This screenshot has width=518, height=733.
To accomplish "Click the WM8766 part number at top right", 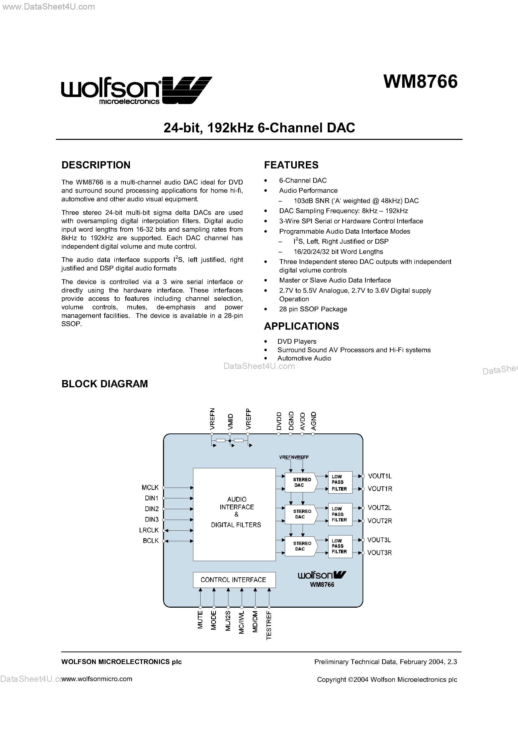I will (x=420, y=82).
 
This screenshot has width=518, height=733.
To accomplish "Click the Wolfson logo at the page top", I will (x=136, y=90).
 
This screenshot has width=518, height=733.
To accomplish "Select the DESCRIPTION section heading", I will (x=96, y=165).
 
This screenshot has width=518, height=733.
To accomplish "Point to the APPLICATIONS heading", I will (x=301, y=326).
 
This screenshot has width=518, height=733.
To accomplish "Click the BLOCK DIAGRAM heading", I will (x=105, y=384).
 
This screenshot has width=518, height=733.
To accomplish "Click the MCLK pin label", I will (x=150, y=488).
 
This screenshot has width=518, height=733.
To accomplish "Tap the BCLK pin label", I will (x=151, y=540).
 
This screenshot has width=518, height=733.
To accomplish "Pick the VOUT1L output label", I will (x=380, y=476).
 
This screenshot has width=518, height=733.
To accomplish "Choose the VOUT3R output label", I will (x=379, y=553).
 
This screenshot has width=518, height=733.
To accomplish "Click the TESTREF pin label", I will (x=269, y=625).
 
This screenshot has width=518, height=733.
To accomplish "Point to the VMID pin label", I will (x=230, y=421).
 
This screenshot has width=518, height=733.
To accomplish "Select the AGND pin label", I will (x=314, y=420).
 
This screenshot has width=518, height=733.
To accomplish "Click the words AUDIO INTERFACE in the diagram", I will (x=237, y=503).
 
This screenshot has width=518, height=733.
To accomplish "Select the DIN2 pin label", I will (x=152, y=509).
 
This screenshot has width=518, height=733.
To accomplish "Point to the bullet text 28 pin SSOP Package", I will (x=313, y=309).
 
